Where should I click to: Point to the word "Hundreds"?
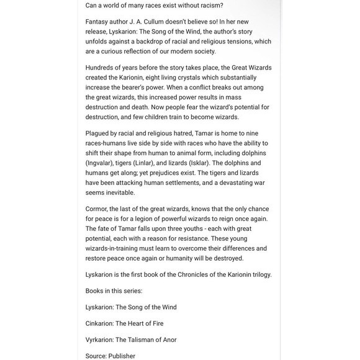tap(101, 68)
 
